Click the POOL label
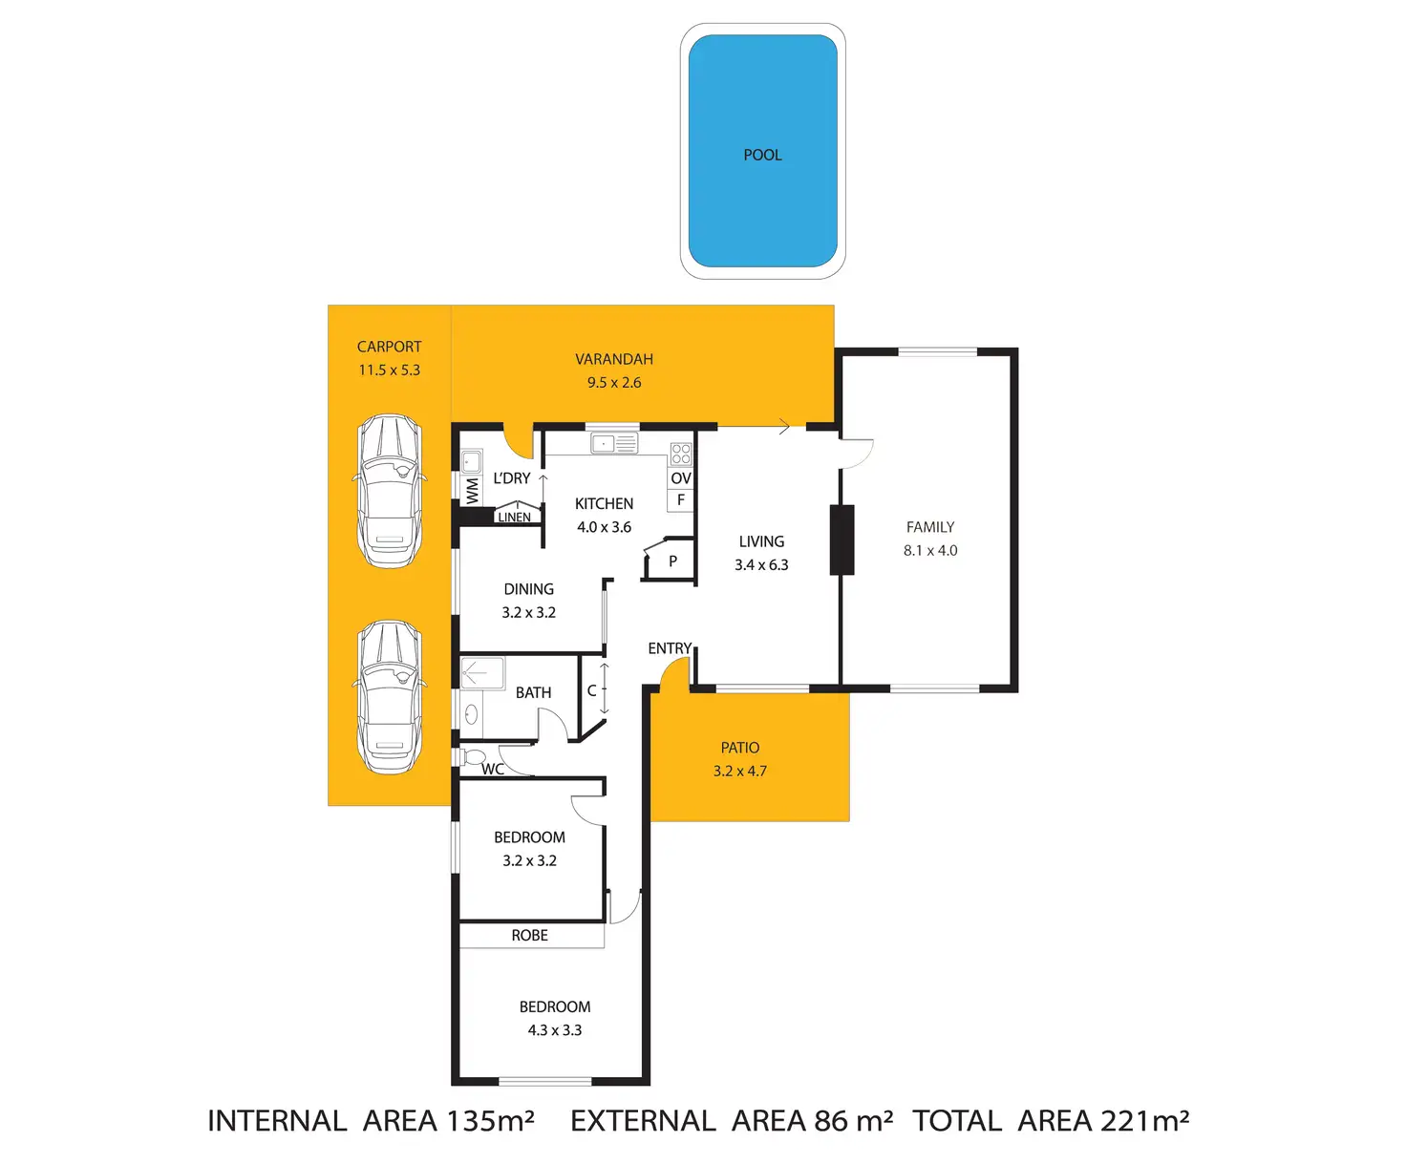[762, 155]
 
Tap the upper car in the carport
[390, 491]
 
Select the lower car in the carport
[390, 696]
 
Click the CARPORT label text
[389, 347]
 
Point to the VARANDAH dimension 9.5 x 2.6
[614, 382]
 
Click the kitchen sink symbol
[614, 444]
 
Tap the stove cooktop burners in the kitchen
[680, 454]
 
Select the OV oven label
[680, 478]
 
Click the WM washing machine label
[472, 491]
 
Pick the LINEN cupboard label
[514, 518]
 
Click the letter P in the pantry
[672, 561]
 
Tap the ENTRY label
[669, 648]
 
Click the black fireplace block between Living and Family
[841, 540]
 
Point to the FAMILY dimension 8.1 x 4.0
[930, 550]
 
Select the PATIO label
[740, 748]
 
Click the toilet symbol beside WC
[472, 758]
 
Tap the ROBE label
[529, 936]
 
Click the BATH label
[533, 692]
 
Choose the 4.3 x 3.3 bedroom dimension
[555, 1030]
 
